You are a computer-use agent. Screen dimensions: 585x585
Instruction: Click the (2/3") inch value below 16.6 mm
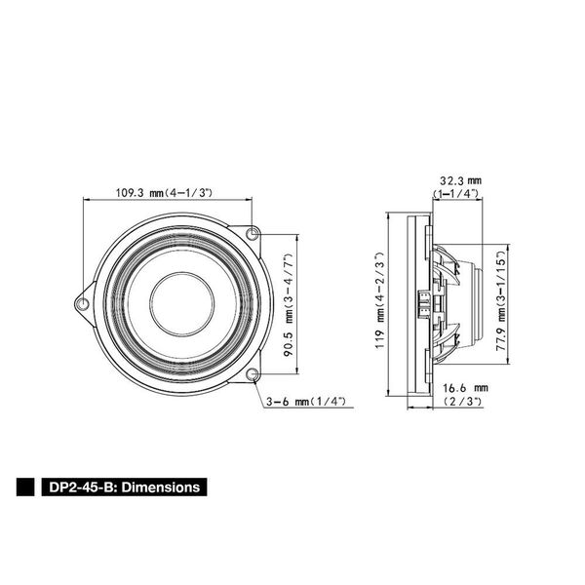[463, 401]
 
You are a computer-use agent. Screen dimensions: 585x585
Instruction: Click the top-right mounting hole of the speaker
[253, 234]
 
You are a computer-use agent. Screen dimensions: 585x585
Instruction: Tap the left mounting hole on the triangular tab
[83, 303]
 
